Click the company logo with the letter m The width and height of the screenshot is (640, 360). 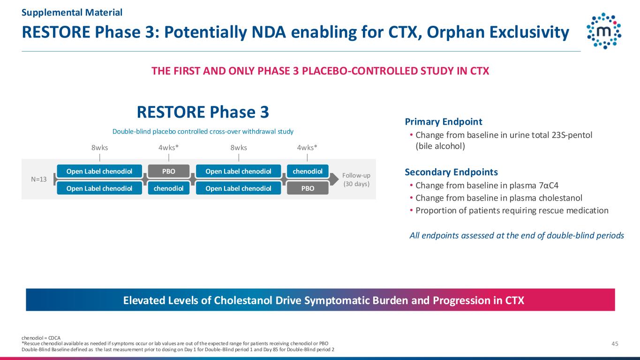pos(604,31)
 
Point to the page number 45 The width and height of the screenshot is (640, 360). pos(615,344)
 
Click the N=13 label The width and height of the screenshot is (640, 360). pos(39,180)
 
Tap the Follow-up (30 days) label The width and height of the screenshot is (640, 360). pos(356,180)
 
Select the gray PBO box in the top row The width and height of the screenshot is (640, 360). pos(169,171)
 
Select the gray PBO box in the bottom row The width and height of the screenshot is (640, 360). pos(308,188)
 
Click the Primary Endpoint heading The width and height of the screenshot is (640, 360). pos(444,122)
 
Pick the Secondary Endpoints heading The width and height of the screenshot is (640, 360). pos(451,172)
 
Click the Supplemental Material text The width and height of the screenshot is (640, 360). pos(72,12)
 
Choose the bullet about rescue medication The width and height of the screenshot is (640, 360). pos(509,210)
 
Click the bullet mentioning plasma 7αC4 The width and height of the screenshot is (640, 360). pos(484,186)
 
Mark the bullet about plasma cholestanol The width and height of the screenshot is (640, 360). pos(496,198)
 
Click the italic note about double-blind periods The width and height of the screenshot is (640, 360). pos(517,235)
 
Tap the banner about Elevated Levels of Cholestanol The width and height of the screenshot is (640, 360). pos(320,300)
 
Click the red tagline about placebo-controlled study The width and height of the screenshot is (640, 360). pos(320,71)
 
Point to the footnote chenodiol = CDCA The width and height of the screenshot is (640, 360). pos(41,338)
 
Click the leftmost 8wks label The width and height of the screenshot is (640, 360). pos(99,148)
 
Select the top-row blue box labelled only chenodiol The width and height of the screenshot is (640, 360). pos(308,171)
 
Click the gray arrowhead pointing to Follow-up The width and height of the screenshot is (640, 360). pos(334,180)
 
